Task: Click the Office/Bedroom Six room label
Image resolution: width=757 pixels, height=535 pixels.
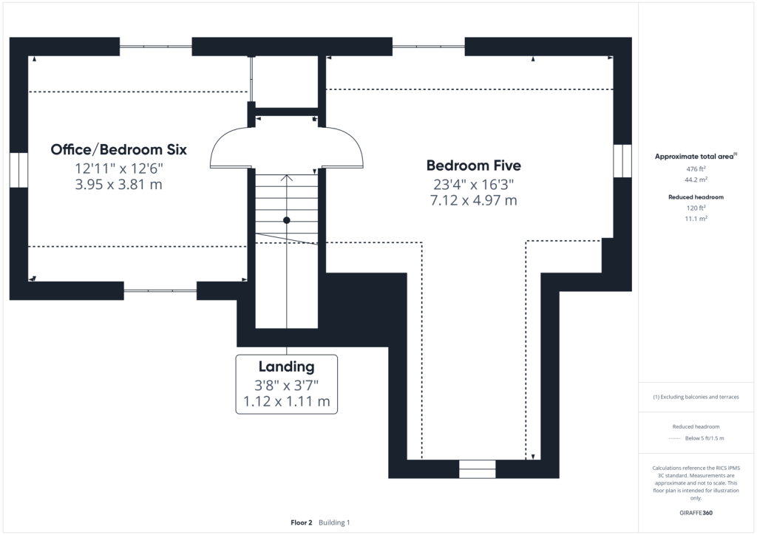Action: coord(119,149)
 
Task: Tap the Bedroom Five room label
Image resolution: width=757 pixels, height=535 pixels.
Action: coord(474,166)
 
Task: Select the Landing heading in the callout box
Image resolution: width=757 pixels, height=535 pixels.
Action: coord(286,367)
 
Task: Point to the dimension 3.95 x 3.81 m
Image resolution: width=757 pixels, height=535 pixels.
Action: coord(119,184)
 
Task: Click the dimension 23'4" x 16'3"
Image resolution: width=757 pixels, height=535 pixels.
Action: coord(474,184)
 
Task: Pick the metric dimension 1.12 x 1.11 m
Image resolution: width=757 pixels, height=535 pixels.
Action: coord(286,401)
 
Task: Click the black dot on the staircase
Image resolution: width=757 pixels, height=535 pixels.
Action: coord(286,220)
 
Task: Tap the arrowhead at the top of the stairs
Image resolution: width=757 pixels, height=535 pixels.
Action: coord(287,177)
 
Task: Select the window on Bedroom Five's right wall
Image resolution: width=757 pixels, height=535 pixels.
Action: coord(622,160)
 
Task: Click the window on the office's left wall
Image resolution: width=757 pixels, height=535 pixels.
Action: coord(18,170)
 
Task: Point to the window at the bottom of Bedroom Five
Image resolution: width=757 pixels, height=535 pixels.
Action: coord(477,469)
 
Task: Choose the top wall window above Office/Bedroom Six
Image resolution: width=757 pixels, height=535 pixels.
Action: coord(155,47)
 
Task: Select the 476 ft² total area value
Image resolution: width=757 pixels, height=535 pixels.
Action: coord(696,168)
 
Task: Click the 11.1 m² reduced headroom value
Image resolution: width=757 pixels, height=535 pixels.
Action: coord(696,219)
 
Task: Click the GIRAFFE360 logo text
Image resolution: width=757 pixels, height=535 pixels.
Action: coord(696,513)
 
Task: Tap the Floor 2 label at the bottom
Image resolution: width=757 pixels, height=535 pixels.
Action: coord(302,522)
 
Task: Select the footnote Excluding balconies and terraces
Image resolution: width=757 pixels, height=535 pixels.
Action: coord(696,397)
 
